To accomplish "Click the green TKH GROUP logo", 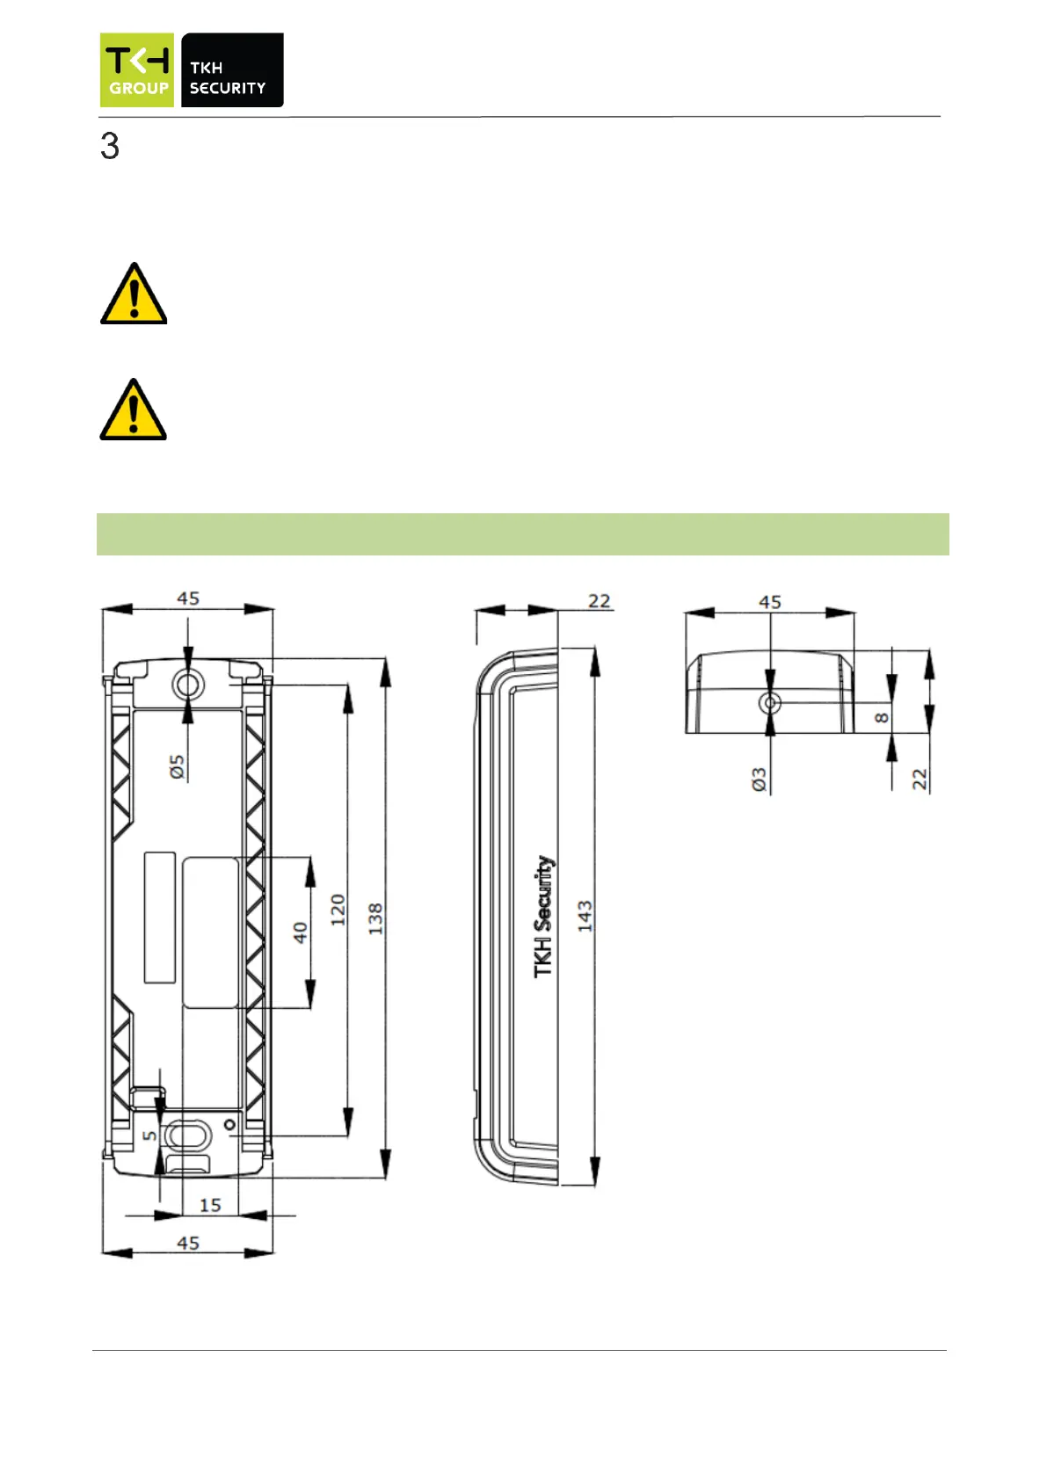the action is pos(136,70).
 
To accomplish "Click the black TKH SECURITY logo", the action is pos(232,70).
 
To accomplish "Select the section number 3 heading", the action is pos(110,147).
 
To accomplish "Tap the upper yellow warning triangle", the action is pos(134,295).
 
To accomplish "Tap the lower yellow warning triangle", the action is pos(134,411).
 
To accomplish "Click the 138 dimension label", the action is pos(375,918).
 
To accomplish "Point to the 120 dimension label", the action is pos(338,910).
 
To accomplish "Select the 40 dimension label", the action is pos(301,932).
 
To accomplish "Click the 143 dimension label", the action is pos(585,916).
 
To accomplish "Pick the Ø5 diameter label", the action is pos(178,766).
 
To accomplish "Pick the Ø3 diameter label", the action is pos(760,780).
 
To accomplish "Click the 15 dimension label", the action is pos(210,1205).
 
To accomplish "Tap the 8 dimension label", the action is pos(882,718).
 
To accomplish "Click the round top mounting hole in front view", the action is pos(187,683).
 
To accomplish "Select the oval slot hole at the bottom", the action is pos(188,1135).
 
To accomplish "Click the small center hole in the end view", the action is pos(771,703).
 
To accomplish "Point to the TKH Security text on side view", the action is pos(544,916).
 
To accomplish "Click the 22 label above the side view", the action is pos(600,601).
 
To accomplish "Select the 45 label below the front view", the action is pos(188,1243).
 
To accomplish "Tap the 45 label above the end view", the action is pos(770,602).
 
